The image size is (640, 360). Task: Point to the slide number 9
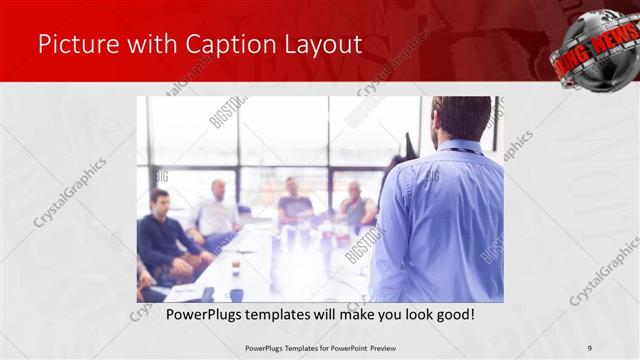pos(590,348)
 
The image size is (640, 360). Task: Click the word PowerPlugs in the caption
pos(189,315)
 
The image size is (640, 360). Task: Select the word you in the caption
pos(391,315)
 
